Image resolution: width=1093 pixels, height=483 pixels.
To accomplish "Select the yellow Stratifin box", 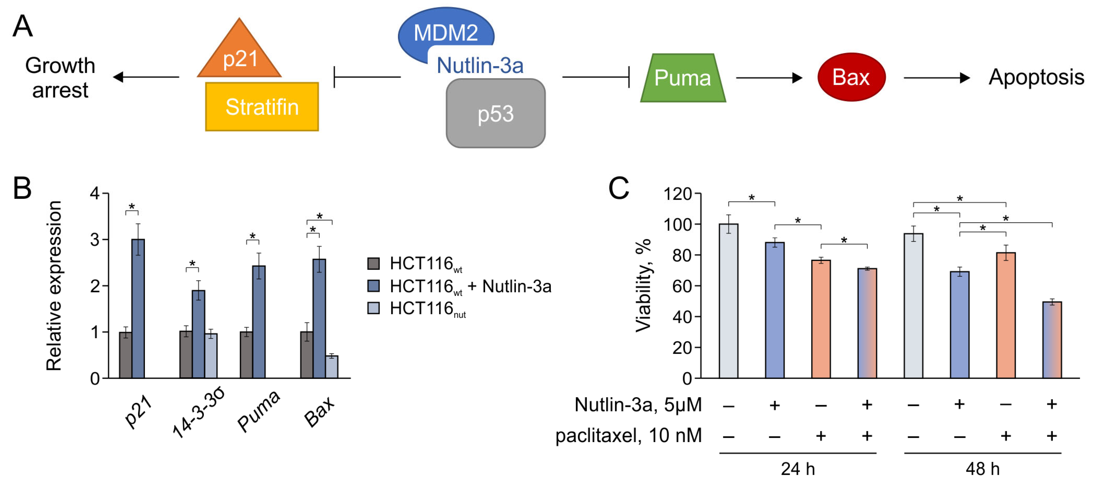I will (262, 107).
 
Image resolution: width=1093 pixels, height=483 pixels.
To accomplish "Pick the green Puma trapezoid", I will (683, 78).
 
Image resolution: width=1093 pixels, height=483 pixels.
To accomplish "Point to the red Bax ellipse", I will (851, 77).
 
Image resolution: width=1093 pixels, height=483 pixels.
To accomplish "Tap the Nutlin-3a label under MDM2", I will (480, 66).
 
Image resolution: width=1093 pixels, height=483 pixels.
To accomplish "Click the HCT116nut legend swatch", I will (373, 308).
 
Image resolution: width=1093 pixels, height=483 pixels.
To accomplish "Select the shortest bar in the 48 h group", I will (1052, 340).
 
